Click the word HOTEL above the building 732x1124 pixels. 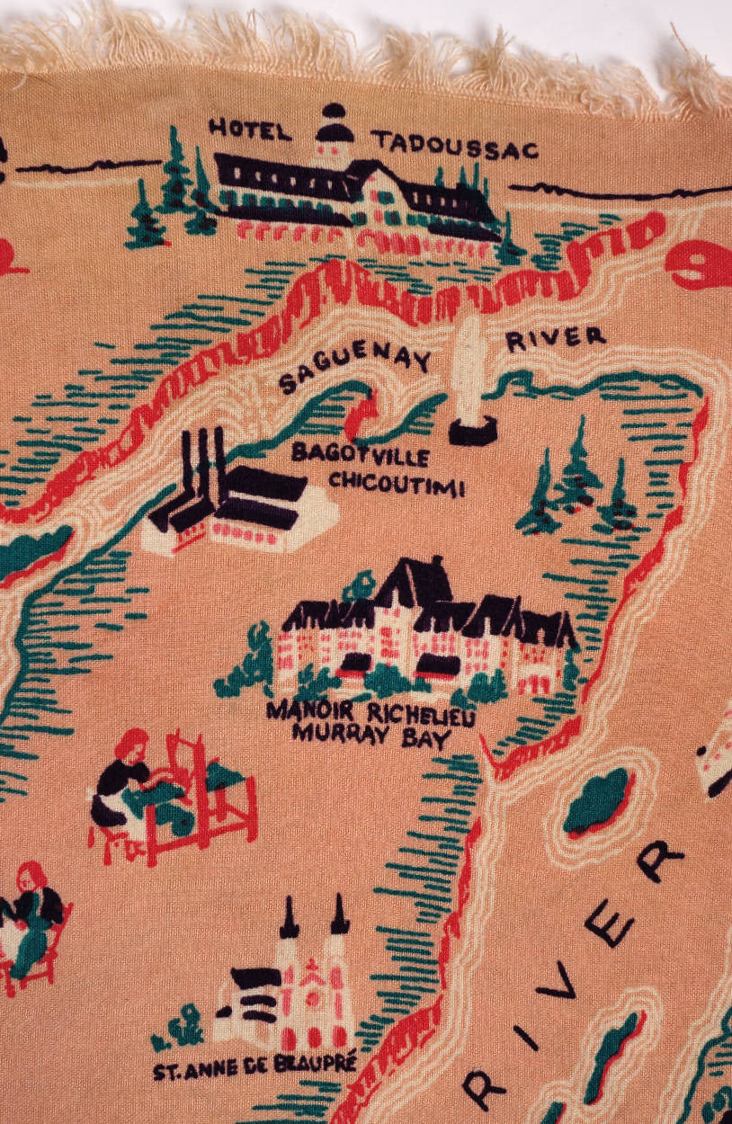250,129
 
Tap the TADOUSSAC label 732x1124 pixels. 455,144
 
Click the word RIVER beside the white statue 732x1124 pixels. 555,339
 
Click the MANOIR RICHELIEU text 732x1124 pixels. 370,711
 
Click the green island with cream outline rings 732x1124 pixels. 597,800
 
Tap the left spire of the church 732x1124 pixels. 290,917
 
